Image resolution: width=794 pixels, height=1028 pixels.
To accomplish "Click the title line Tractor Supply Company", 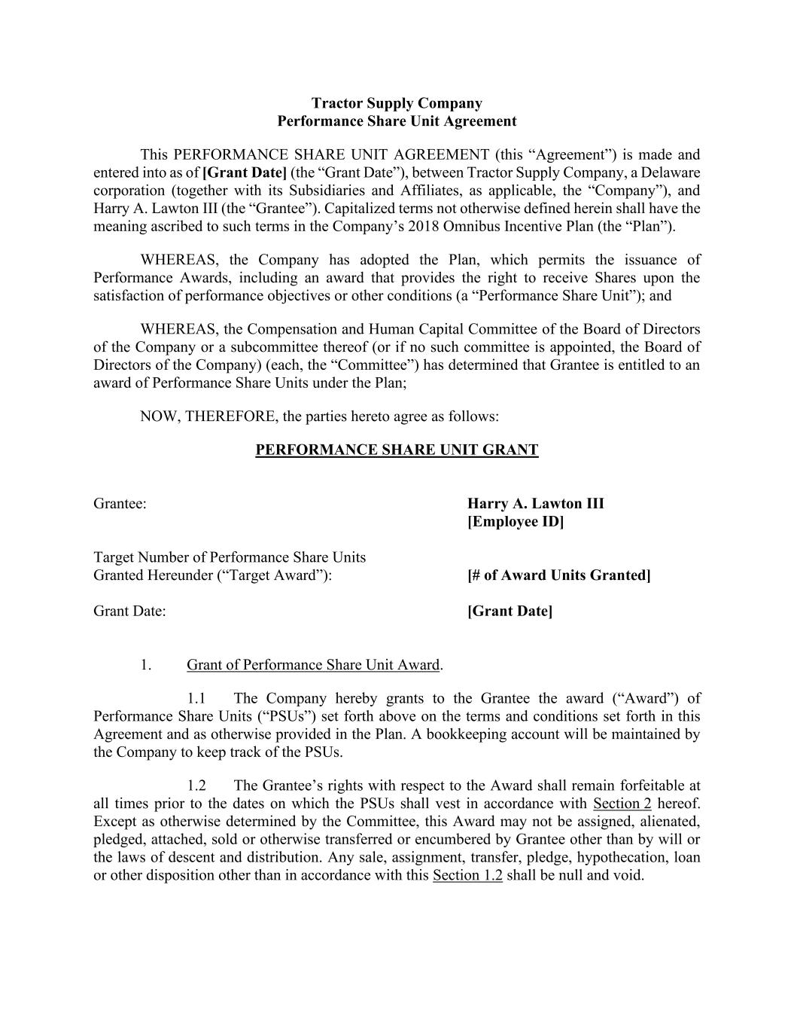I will click(397, 103).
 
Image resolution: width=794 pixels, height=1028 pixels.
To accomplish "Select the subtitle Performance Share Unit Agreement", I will click(397, 121).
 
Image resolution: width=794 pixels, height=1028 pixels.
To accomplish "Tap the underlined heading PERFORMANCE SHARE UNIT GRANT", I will click(397, 450).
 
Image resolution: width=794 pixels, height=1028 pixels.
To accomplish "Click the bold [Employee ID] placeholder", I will click(515, 522).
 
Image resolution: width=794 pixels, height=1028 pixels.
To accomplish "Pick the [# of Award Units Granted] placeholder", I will click(558, 575).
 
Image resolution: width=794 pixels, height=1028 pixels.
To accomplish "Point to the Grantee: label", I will click(120, 504).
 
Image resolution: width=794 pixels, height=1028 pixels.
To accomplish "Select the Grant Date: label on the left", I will click(129, 611).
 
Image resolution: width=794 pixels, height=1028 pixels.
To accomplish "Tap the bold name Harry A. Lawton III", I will click(535, 504).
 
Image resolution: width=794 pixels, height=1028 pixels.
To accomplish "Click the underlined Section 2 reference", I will click(622, 804).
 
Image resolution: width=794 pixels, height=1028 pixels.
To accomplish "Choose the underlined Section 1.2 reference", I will click(467, 875).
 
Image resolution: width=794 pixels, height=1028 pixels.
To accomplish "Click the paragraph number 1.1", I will click(197, 699).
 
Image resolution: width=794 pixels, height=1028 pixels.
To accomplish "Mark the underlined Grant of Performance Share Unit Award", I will click(313, 665).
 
